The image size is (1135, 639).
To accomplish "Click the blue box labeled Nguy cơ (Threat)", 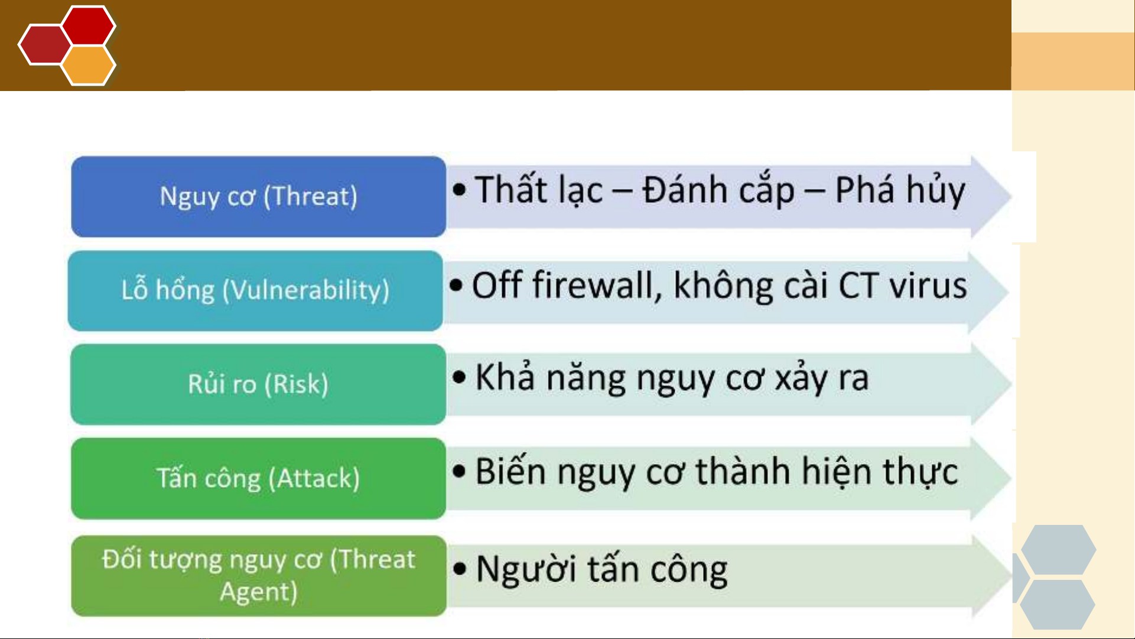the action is (258, 196).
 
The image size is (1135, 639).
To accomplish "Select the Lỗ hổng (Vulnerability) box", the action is (255, 290).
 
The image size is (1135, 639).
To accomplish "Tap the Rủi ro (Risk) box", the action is (258, 384).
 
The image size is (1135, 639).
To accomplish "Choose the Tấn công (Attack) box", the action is (258, 478).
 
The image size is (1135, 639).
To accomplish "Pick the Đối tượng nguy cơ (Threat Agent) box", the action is (258, 576).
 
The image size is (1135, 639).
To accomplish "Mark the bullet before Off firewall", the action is (456, 286).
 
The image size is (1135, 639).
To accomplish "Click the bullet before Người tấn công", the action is (460, 569).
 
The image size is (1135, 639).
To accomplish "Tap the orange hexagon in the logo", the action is (89, 65).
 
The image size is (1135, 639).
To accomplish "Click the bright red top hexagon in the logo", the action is (89, 25).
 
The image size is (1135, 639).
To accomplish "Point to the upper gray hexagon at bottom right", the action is (1059, 550).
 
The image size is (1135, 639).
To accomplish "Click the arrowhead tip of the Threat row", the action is (1011, 195).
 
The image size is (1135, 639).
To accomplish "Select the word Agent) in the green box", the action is (258, 592).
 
